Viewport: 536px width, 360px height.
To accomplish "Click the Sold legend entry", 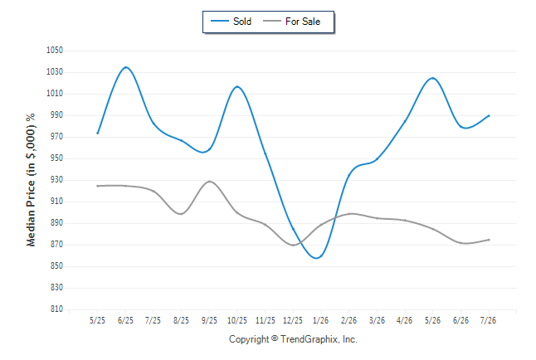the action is tap(231, 22).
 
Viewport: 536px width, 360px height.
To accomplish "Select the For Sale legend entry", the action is tap(291, 22).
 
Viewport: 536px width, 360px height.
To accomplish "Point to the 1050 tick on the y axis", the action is tap(55, 51).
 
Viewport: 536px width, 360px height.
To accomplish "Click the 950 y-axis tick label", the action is tap(56, 158).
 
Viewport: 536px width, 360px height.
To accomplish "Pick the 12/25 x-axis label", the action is tap(293, 320).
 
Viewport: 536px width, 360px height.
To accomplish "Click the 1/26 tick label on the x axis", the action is tap(320, 320).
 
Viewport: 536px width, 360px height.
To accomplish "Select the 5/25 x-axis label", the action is tap(97, 320).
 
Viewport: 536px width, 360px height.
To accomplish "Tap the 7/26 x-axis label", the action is tap(488, 320).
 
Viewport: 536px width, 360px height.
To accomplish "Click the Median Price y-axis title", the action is tap(31, 180).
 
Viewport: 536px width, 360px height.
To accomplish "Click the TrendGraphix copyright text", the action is tap(293, 339).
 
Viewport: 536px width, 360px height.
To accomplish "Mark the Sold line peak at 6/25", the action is tap(126, 67).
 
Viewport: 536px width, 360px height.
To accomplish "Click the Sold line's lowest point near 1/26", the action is tap(317, 258).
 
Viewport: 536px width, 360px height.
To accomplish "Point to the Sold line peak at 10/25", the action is tap(237, 86).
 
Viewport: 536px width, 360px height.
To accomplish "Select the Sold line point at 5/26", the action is tap(433, 78).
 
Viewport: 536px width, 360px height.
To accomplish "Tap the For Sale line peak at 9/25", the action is tap(209, 181).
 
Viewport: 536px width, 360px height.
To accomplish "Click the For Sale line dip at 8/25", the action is tap(181, 214).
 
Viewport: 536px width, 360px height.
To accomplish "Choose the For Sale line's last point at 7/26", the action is tap(489, 240).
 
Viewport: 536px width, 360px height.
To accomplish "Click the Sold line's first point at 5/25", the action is tap(98, 133).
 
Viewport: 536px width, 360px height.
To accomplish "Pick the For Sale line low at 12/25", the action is tap(293, 246).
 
